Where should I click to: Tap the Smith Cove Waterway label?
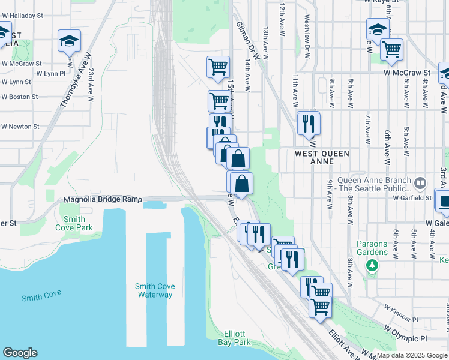pyautogui.click(x=154, y=290)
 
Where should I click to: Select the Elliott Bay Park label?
pyautogui.click(x=234, y=338)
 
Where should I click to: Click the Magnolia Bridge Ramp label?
pyautogui.click(x=103, y=199)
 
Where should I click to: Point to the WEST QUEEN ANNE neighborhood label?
pyautogui.click(x=322, y=157)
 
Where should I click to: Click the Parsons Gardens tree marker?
pyautogui.click(x=372, y=265)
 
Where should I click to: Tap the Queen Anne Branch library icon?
pyautogui.click(x=420, y=181)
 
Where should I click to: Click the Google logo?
pyautogui.click(x=20, y=353)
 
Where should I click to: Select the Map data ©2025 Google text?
pyautogui.click(x=411, y=355)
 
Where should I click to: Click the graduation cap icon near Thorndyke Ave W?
pyautogui.click(x=70, y=42)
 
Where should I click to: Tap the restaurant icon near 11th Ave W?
pyautogui.click(x=308, y=124)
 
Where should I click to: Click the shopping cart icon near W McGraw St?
pyautogui.click(x=391, y=50)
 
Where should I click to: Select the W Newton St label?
pyautogui.click(x=20, y=127)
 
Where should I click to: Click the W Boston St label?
pyautogui.click(x=19, y=96)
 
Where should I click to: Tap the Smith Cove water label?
pyautogui.click(x=42, y=296)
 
